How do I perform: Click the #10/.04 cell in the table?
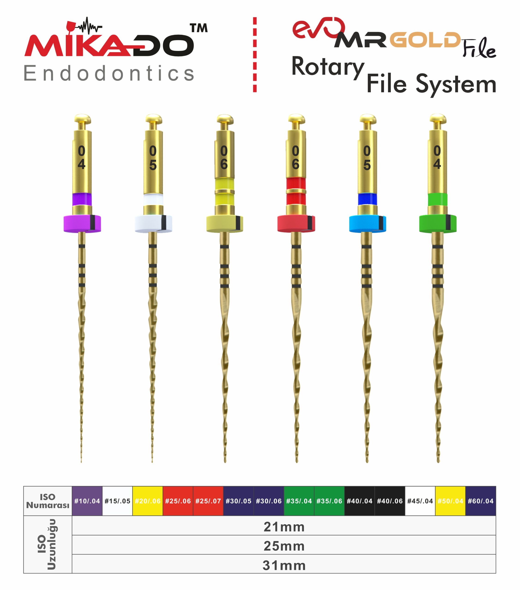[87, 501]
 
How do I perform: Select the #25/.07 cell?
[208, 501]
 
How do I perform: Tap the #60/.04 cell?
[480, 501]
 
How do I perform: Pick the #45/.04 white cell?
[420, 501]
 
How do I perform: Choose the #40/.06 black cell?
[390, 501]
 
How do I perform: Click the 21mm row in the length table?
[284, 527]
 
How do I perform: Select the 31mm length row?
[284, 565]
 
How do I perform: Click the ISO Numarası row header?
[48, 501]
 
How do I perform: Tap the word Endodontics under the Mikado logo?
[109, 73]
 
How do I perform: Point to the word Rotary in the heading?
[328, 68]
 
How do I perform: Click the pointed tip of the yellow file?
[225, 462]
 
